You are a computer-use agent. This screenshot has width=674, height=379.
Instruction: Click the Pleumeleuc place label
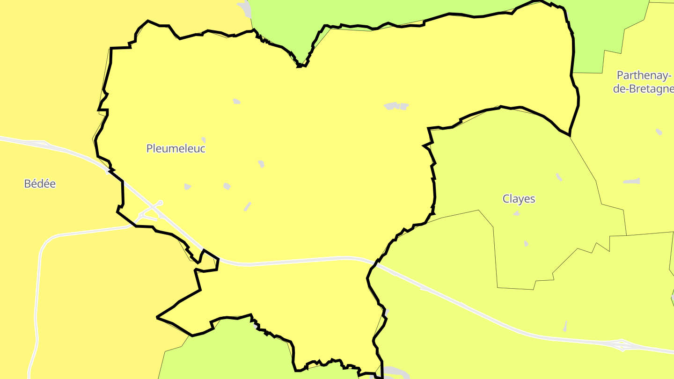[176, 149]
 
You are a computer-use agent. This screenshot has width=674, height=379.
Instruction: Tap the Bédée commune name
[40, 184]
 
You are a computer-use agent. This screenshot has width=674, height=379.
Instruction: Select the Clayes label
[519, 199]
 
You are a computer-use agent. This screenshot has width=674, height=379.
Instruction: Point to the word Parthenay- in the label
[644, 75]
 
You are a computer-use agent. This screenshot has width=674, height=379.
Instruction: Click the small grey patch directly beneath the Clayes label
[517, 214]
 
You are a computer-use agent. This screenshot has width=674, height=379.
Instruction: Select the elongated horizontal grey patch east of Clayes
[632, 181]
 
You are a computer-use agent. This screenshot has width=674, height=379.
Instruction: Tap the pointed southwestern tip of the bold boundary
[157, 317]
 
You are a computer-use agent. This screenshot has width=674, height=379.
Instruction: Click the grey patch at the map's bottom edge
[396, 373]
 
